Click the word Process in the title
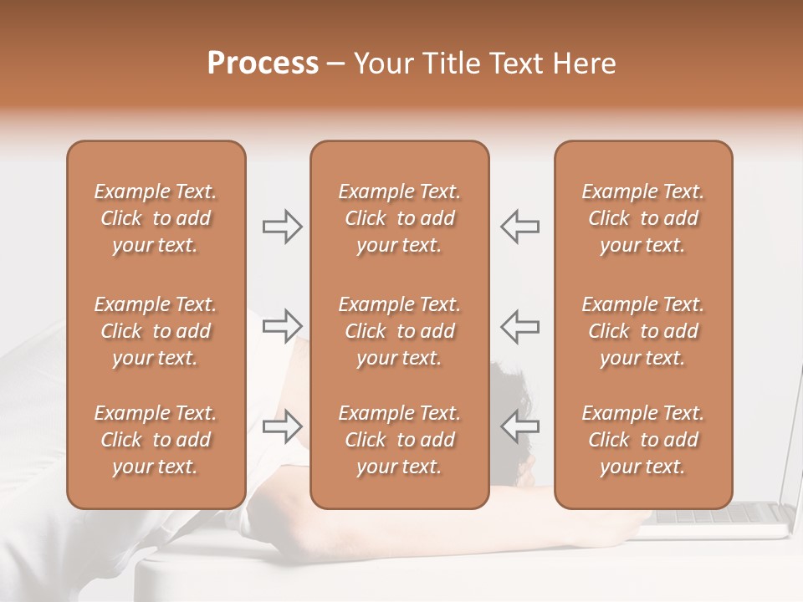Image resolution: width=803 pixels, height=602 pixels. point(263,64)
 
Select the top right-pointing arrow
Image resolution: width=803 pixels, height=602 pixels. point(282,227)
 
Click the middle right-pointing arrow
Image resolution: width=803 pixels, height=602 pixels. point(282,326)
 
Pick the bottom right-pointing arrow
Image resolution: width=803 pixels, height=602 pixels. point(282,426)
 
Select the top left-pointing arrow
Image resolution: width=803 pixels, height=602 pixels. point(519,227)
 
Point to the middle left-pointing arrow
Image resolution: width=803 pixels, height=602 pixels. point(519,326)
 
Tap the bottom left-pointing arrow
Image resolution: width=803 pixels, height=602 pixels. point(519,426)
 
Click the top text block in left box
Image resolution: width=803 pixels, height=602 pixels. point(156,218)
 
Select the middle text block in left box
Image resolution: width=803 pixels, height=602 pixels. point(156,331)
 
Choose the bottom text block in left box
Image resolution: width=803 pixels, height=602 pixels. point(156,440)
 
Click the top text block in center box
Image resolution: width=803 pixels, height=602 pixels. point(399,218)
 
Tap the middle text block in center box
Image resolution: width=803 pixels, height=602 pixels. point(399,331)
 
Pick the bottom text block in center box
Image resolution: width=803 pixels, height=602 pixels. point(399,440)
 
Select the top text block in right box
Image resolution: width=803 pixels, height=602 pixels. point(643,218)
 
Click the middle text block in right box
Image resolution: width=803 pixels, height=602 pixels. point(643,331)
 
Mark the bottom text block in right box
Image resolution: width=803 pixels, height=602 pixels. point(643,440)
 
